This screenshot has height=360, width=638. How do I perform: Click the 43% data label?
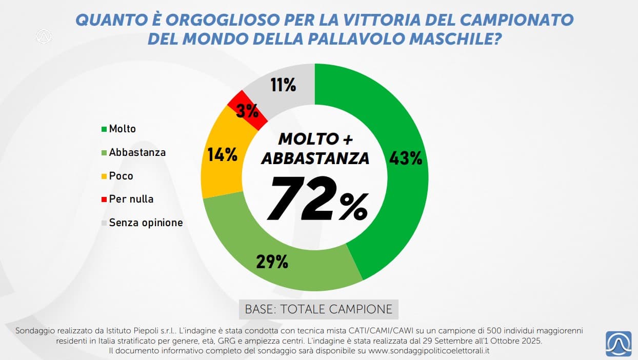406,158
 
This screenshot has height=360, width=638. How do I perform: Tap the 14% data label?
222,154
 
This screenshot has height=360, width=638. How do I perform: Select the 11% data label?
283,85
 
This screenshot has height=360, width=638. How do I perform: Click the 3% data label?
248,111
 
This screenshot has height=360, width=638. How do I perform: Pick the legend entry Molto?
122,129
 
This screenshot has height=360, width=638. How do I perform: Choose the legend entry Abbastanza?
137,152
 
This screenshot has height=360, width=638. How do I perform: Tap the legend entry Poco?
121,176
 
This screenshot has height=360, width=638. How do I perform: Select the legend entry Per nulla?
131,199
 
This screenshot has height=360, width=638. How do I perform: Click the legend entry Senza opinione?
146,223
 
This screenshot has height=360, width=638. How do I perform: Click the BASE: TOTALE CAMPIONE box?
318,309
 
